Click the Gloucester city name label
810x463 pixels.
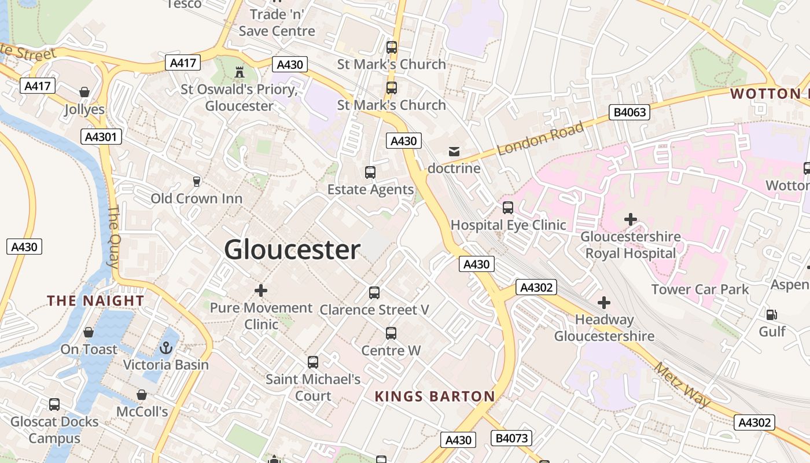point(292,250)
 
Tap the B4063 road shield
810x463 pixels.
point(629,112)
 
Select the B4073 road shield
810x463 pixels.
point(511,438)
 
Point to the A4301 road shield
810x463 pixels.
point(101,137)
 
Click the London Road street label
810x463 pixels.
point(540,139)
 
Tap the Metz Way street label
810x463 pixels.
point(683,384)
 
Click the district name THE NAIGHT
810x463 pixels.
point(95,300)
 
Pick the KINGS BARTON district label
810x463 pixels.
point(435,396)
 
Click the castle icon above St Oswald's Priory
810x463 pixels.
point(239,72)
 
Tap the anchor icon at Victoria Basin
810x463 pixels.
point(166,348)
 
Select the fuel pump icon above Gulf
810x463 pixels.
point(772,315)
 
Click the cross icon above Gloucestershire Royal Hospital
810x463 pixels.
point(631,219)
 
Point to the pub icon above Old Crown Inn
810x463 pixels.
point(197,181)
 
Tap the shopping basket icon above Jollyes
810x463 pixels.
point(84,92)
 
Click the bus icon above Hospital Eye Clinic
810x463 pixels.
point(508,207)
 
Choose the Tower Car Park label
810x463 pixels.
point(700,289)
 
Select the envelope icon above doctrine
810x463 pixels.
point(454,152)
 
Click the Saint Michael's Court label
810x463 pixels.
point(313,388)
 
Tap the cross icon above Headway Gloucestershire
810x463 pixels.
point(604,302)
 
